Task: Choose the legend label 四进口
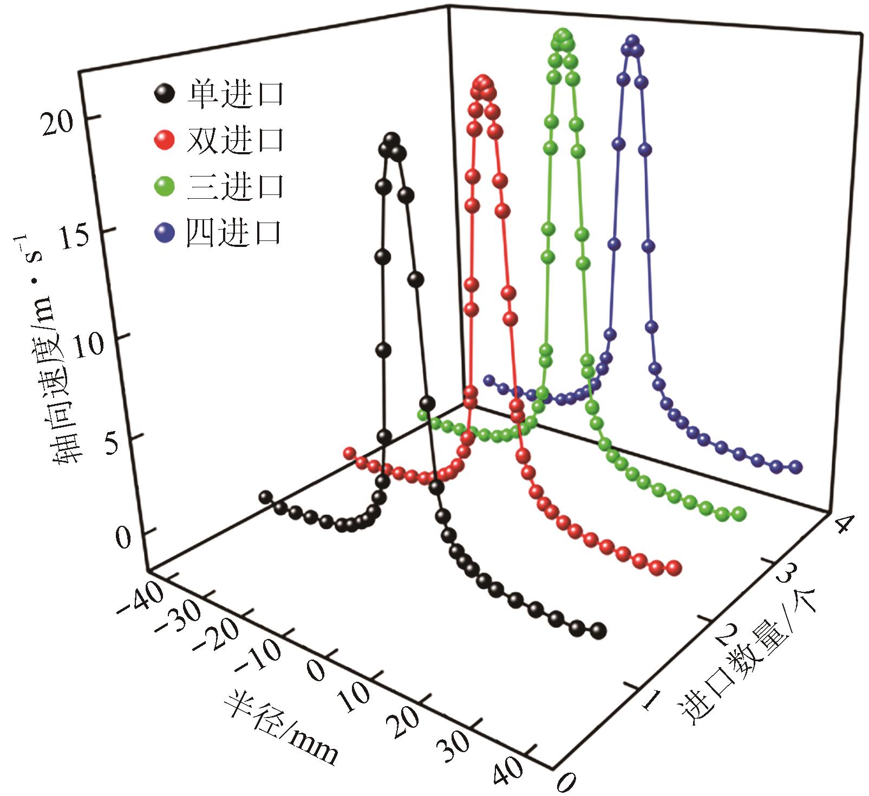pyautogui.click(x=234, y=233)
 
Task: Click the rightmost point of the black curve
pyautogui.click(x=598, y=630)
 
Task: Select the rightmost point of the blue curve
pyautogui.click(x=795, y=467)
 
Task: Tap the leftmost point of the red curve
pyautogui.click(x=349, y=452)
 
